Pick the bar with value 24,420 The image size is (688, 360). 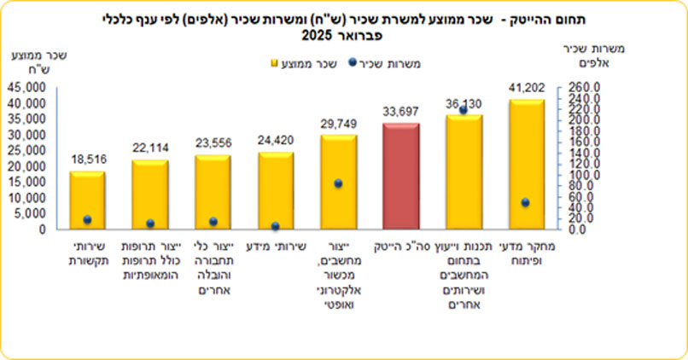pos(275,191)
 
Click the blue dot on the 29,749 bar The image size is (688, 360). pos(338,183)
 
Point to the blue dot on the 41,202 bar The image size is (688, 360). pos(526,202)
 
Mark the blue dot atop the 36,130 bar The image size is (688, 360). pos(464,110)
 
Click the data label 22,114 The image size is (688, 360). pos(150,148)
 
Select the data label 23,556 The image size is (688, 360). pos(213,143)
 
